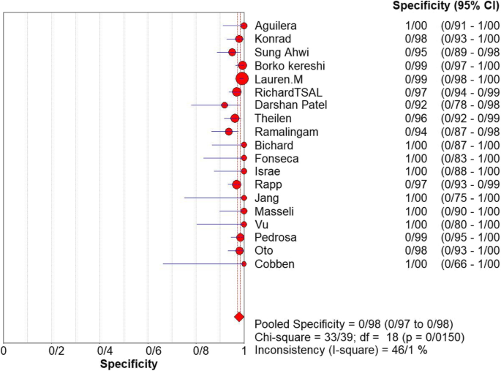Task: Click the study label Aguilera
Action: pyautogui.click(x=276, y=26)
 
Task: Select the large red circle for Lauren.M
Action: pyautogui.click(x=242, y=79)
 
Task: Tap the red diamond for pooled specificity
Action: pyautogui.click(x=238, y=316)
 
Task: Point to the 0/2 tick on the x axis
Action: pyautogui.click(x=56, y=351)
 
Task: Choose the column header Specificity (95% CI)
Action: pyautogui.click(x=446, y=7)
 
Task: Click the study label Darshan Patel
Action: pyautogui.click(x=290, y=105)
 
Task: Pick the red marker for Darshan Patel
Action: pyautogui.click(x=225, y=105)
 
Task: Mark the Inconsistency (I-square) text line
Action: pyautogui.click(x=340, y=351)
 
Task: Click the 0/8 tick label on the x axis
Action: pyautogui.click(x=200, y=351)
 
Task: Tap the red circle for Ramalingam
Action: pyautogui.click(x=229, y=132)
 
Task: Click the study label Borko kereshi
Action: pyautogui.click(x=289, y=66)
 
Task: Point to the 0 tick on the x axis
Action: pyautogui.click(x=4, y=351)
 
